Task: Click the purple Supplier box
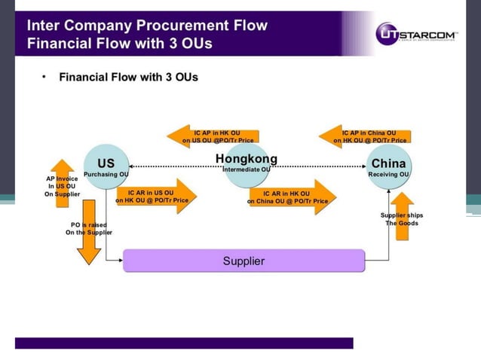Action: click(x=244, y=261)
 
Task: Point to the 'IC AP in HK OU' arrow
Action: click(x=215, y=136)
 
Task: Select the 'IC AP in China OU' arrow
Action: click(x=366, y=136)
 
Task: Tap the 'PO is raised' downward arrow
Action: click(x=89, y=230)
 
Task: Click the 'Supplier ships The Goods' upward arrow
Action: click(x=403, y=216)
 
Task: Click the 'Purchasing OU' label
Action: click(x=106, y=175)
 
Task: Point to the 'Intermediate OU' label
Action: click(x=246, y=170)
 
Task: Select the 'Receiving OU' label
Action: click(x=388, y=175)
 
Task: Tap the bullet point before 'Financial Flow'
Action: click(x=44, y=77)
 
